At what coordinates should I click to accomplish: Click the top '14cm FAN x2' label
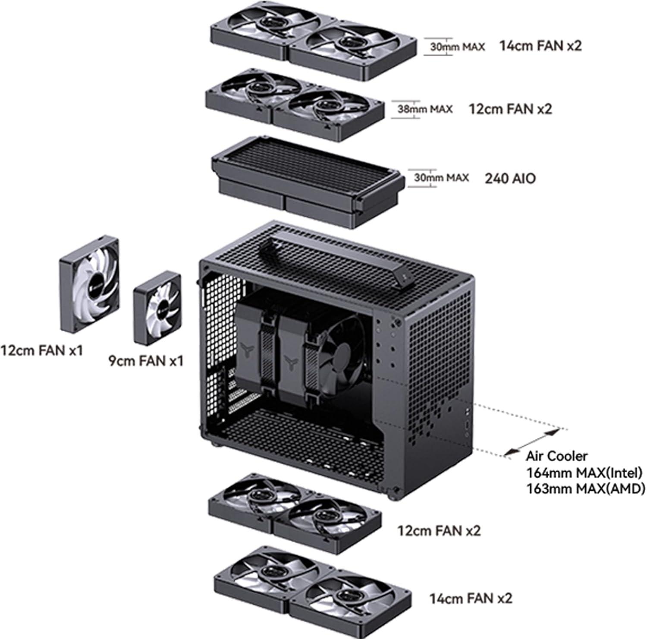tap(540, 45)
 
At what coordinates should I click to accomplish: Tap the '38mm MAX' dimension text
tap(425, 109)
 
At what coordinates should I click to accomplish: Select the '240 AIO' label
tap(510, 178)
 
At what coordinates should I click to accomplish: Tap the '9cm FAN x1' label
tap(146, 360)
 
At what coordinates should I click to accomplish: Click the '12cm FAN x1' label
tap(41, 350)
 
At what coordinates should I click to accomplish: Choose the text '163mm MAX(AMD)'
tap(585, 489)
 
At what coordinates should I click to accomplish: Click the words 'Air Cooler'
tap(556, 456)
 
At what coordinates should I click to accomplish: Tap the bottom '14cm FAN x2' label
tap(471, 599)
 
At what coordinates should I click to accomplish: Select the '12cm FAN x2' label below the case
tap(439, 530)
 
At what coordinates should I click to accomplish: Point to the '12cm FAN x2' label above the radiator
tap(510, 109)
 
